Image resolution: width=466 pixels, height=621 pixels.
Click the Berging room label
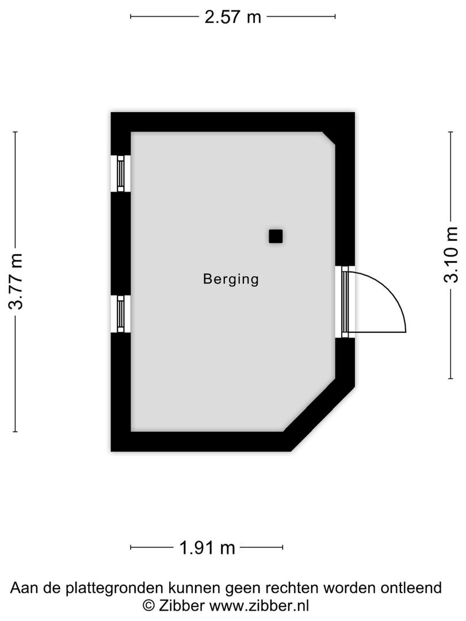click(231, 279)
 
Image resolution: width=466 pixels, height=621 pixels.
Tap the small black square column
click(276, 236)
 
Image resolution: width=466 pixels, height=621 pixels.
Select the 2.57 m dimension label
click(232, 17)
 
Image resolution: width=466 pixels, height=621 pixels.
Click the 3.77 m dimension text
click(17, 281)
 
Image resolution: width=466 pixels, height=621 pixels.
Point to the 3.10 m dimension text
click(451, 255)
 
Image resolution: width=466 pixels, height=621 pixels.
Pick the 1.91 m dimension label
click(207, 548)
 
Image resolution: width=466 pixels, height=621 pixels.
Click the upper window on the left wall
click(120, 174)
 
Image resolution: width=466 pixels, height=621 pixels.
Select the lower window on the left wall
click(120, 314)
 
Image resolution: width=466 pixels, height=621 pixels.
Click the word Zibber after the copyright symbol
click(181, 605)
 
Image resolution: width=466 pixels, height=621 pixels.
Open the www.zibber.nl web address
click(259, 605)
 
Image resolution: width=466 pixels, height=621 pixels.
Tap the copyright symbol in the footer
click(148, 605)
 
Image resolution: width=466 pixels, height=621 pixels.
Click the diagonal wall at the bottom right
click(319, 415)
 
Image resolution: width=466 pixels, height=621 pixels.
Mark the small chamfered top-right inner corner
click(329, 139)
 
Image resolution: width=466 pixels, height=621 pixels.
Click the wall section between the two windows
click(120, 244)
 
